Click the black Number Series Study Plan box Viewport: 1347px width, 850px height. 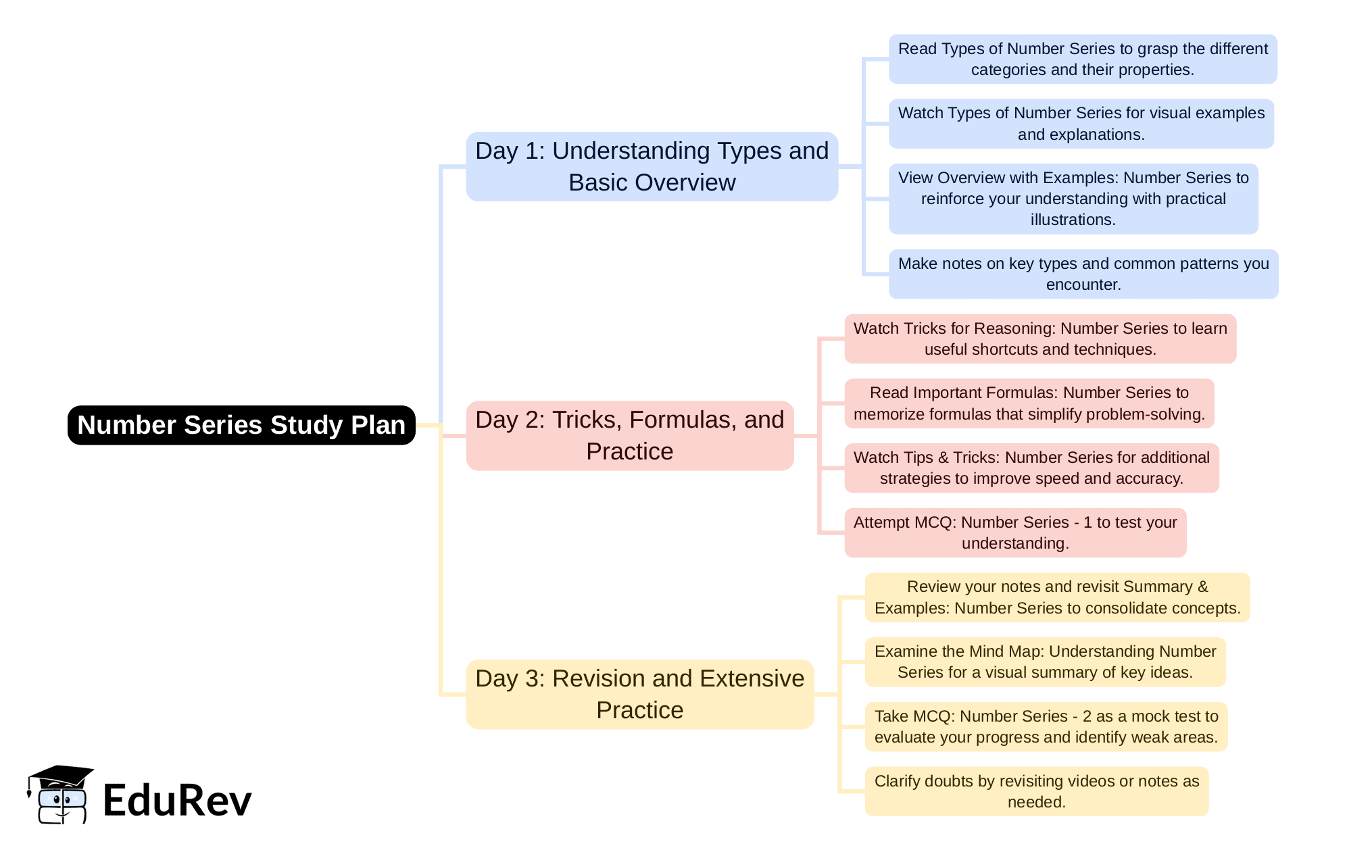click(241, 425)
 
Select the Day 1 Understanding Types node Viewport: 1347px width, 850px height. click(652, 166)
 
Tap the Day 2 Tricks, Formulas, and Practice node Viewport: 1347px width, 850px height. click(629, 435)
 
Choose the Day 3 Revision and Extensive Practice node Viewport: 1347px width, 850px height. click(639, 694)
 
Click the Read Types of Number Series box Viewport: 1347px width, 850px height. click(1082, 59)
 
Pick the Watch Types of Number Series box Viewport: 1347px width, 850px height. click(1081, 124)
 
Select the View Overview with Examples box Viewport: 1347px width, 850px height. click(1073, 199)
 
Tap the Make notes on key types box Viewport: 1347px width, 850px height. click(1083, 274)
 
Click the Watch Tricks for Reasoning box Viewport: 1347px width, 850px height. click(1039, 339)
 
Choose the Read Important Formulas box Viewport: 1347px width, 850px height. click(1029, 403)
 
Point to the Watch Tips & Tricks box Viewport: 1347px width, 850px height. click(1031, 468)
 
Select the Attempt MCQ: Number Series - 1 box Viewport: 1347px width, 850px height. click(1014, 532)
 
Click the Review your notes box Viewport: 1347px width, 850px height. click(1057, 597)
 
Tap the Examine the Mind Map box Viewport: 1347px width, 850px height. click(1045, 661)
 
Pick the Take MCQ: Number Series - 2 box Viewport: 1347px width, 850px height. click(1046, 726)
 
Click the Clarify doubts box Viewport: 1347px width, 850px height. click(1036, 791)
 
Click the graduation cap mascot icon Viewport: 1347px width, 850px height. click(60, 795)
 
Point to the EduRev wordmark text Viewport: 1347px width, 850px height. click(177, 801)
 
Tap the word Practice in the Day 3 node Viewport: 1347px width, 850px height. click(639, 710)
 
